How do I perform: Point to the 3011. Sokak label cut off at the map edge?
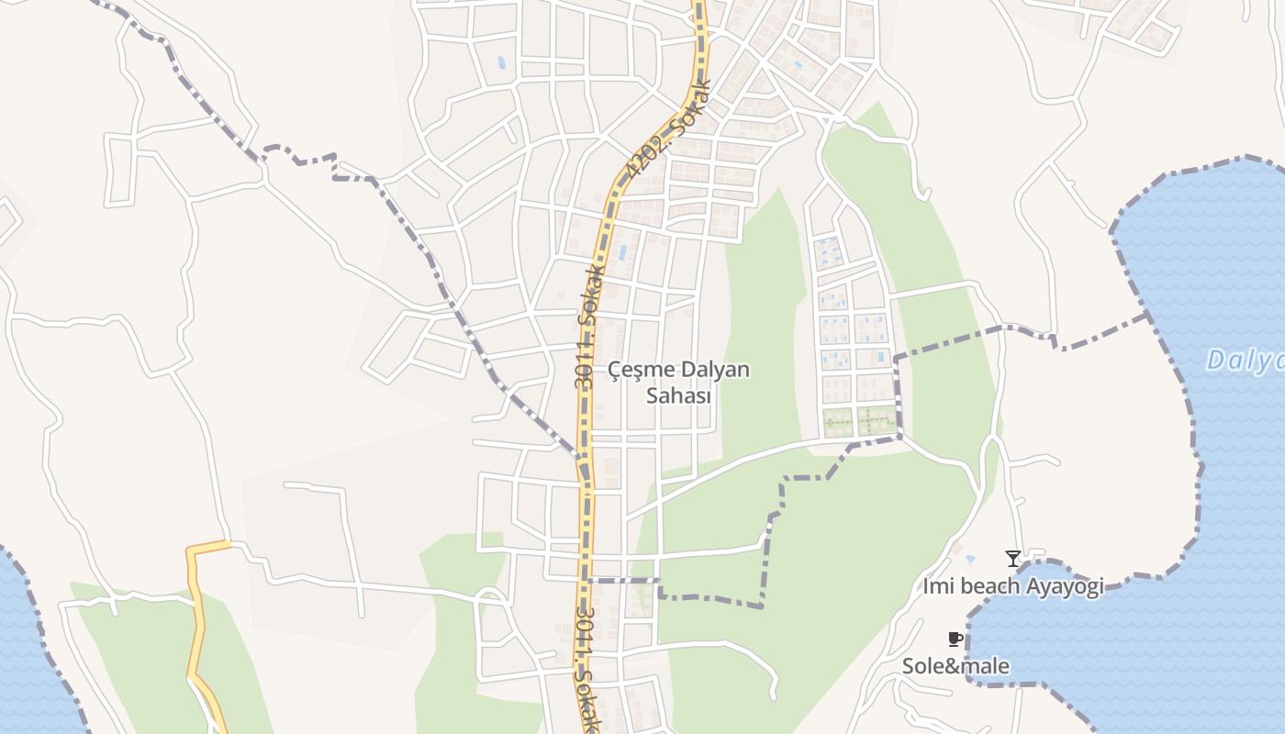click(x=588, y=670)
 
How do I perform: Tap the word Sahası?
click(x=679, y=395)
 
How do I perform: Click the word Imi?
click(x=936, y=586)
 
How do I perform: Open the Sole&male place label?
click(x=955, y=666)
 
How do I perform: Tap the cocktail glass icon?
click(x=1012, y=558)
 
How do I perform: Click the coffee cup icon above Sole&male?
click(x=955, y=639)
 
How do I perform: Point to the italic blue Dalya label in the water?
click(x=1245, y=361)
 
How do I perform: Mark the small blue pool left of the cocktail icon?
click(x=970, y=558)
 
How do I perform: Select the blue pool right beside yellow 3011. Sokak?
click(x=623, y=250)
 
